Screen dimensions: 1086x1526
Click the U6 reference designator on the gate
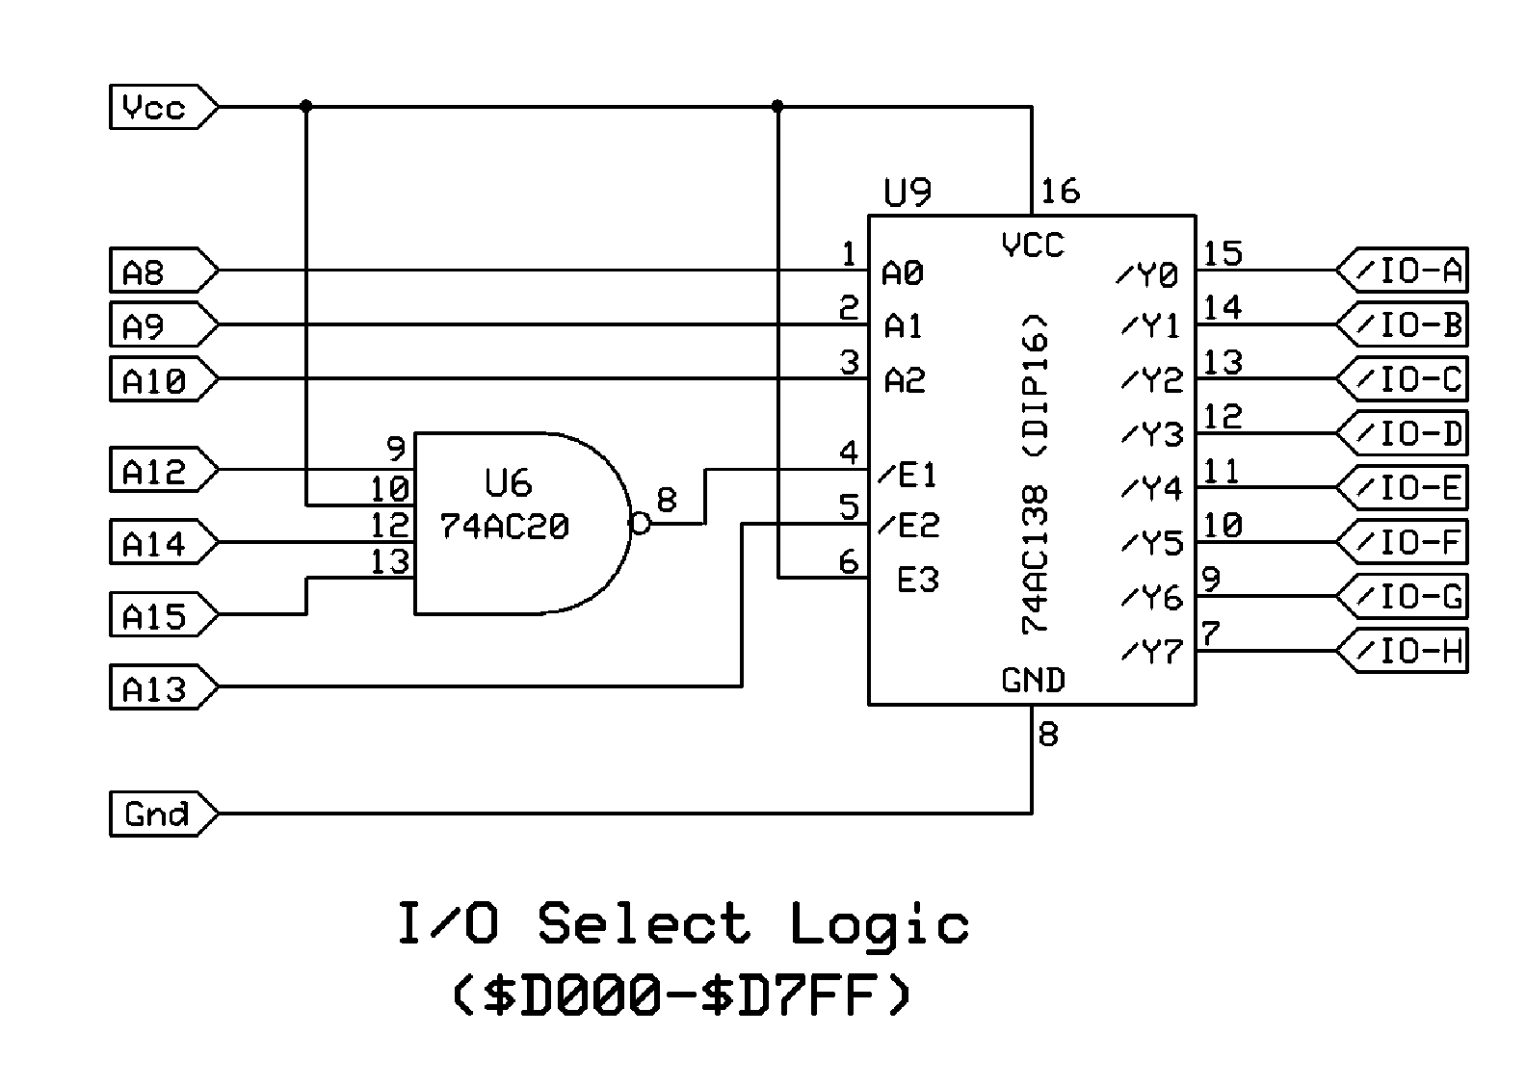[x=508, y=482]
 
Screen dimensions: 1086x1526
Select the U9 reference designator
[x=908, y=193]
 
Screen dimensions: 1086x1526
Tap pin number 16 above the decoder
[x=1060, y=191]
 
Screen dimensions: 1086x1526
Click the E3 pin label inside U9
[x=917, y=580]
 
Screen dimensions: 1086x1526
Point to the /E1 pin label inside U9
[x=908, y=474]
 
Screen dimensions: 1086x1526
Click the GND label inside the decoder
[x=1033, y=680]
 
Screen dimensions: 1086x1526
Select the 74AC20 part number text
[x=504, y=527]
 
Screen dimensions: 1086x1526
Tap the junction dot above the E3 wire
[x=777, y=106]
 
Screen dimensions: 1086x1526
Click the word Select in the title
[x=644, y=924]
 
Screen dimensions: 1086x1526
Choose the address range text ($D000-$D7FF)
[x=680, y=995]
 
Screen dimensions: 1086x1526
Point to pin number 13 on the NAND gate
[x=389, y=561]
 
